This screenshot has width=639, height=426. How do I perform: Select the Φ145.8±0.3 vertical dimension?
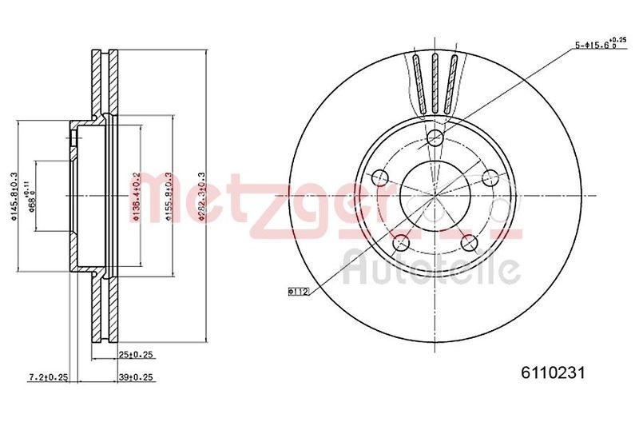click(14, 197)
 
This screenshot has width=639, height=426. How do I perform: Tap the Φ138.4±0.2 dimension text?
click(138, 197)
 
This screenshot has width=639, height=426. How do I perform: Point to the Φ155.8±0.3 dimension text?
click(169, 197)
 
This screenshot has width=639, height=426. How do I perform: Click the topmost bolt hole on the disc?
click(435, 137)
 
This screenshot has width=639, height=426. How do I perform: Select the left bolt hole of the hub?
click(380, 177)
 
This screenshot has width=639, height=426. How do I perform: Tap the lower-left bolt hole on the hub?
click(401, 241)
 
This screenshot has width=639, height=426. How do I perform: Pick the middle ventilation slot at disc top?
click(435, 84)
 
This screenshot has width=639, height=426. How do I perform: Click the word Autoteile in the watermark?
click(431, 269)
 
